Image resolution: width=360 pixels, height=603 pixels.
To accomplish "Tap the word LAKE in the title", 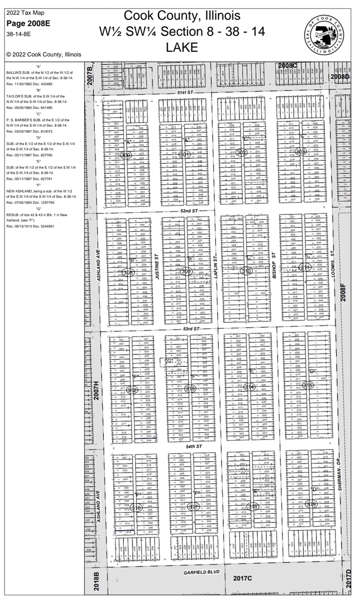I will [182, 47].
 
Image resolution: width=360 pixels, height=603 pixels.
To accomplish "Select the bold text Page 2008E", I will [28, 23].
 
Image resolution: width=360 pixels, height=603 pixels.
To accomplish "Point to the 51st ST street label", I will [185, 92].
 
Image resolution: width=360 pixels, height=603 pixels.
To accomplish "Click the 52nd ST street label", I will [190, 210].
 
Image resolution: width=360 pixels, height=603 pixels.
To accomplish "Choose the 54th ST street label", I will [193, 447].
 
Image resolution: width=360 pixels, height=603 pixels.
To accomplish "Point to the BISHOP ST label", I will [275, 262].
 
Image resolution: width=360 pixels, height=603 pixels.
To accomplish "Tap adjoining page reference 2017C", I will [243, 578].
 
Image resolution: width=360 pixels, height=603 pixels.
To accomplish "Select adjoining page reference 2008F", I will [344, 293].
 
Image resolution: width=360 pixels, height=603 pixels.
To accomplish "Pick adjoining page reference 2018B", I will [96, 581].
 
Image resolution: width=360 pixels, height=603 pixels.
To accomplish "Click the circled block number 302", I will [241, 152].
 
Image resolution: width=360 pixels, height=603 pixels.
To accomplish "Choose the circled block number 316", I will [136, 508].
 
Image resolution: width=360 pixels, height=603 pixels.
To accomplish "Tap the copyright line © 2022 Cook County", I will [44, 54].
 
